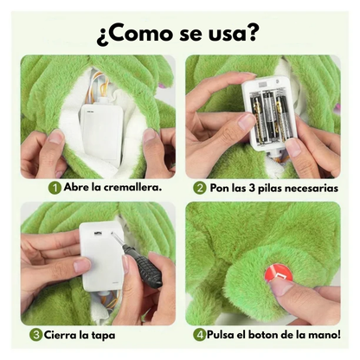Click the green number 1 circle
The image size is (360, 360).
point(55,186)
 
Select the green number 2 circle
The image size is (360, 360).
point(200,186)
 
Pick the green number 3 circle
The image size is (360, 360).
point(37,334)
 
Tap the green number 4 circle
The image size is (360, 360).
point(200,334)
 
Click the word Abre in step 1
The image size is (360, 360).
point(74,186)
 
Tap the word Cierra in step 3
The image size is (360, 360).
point(61,334)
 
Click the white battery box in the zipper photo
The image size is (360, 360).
point(100,130)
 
